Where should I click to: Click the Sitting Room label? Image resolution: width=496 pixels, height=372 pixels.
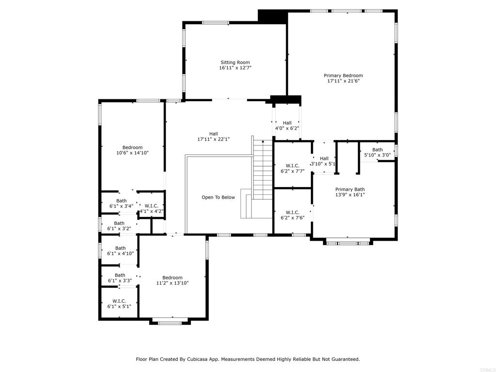[235, 62]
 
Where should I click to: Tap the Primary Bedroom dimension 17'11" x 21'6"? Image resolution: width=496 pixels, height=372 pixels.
[343, 81]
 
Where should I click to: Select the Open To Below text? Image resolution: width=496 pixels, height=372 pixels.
[218, 198]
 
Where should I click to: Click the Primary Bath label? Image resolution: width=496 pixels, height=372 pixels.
[350, 189]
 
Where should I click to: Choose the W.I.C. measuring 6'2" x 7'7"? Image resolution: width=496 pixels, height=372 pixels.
[293, 169]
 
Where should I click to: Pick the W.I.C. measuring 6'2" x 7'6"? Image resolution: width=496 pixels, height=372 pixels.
[293, 215]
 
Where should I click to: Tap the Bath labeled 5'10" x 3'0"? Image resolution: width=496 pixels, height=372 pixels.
[377, 153]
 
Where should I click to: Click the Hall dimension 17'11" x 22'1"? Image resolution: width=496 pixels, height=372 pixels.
[214, 139]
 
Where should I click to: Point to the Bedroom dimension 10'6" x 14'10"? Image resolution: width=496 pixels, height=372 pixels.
[133, 153]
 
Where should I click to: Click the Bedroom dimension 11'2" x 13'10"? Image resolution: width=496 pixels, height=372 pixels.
[172, 283]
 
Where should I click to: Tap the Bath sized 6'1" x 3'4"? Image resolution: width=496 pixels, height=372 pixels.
[122, 203]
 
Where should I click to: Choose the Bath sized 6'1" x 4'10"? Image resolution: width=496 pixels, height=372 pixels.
[121, 251]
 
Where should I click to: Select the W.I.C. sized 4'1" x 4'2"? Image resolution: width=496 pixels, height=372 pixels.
[152, 208]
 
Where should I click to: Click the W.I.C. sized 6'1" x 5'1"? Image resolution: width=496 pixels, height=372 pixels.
[119, 304]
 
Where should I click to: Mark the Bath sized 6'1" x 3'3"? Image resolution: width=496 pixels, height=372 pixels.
[120, 278]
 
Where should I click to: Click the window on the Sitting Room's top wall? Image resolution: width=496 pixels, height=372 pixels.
[216, 22]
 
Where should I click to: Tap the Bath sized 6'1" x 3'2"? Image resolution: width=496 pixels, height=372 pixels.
[119, 226]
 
